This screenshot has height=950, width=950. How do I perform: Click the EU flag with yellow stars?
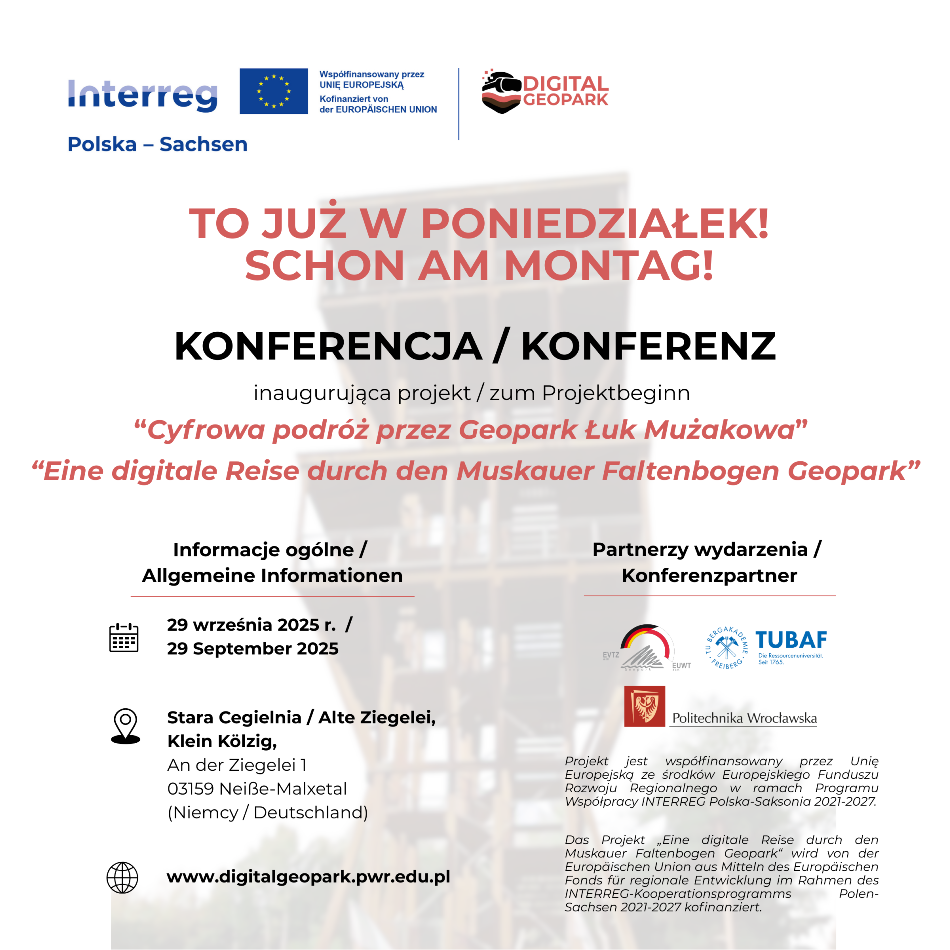point(273,91)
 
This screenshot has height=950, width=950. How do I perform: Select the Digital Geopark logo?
point(545,92)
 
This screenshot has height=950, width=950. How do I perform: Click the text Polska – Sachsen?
point(157,144)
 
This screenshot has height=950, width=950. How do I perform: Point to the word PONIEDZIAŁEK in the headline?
point(595,223)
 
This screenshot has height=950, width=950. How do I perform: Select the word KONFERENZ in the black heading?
point(648,346)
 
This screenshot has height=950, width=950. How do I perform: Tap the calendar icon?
point(124,637)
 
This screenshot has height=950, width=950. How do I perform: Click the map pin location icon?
point(125,726)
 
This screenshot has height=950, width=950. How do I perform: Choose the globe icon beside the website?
point(122,877)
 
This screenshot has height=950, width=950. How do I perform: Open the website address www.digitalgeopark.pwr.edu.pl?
point(308,877)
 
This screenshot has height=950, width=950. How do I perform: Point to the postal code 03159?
point(190,789)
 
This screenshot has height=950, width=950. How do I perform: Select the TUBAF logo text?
point(791,640)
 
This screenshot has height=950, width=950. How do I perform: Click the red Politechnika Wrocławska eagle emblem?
point(644,706)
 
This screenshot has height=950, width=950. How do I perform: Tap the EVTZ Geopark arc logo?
point(646,647)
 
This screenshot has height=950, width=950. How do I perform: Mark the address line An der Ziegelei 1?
point(237,765)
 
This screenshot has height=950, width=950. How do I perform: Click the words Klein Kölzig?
point(222,741)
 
